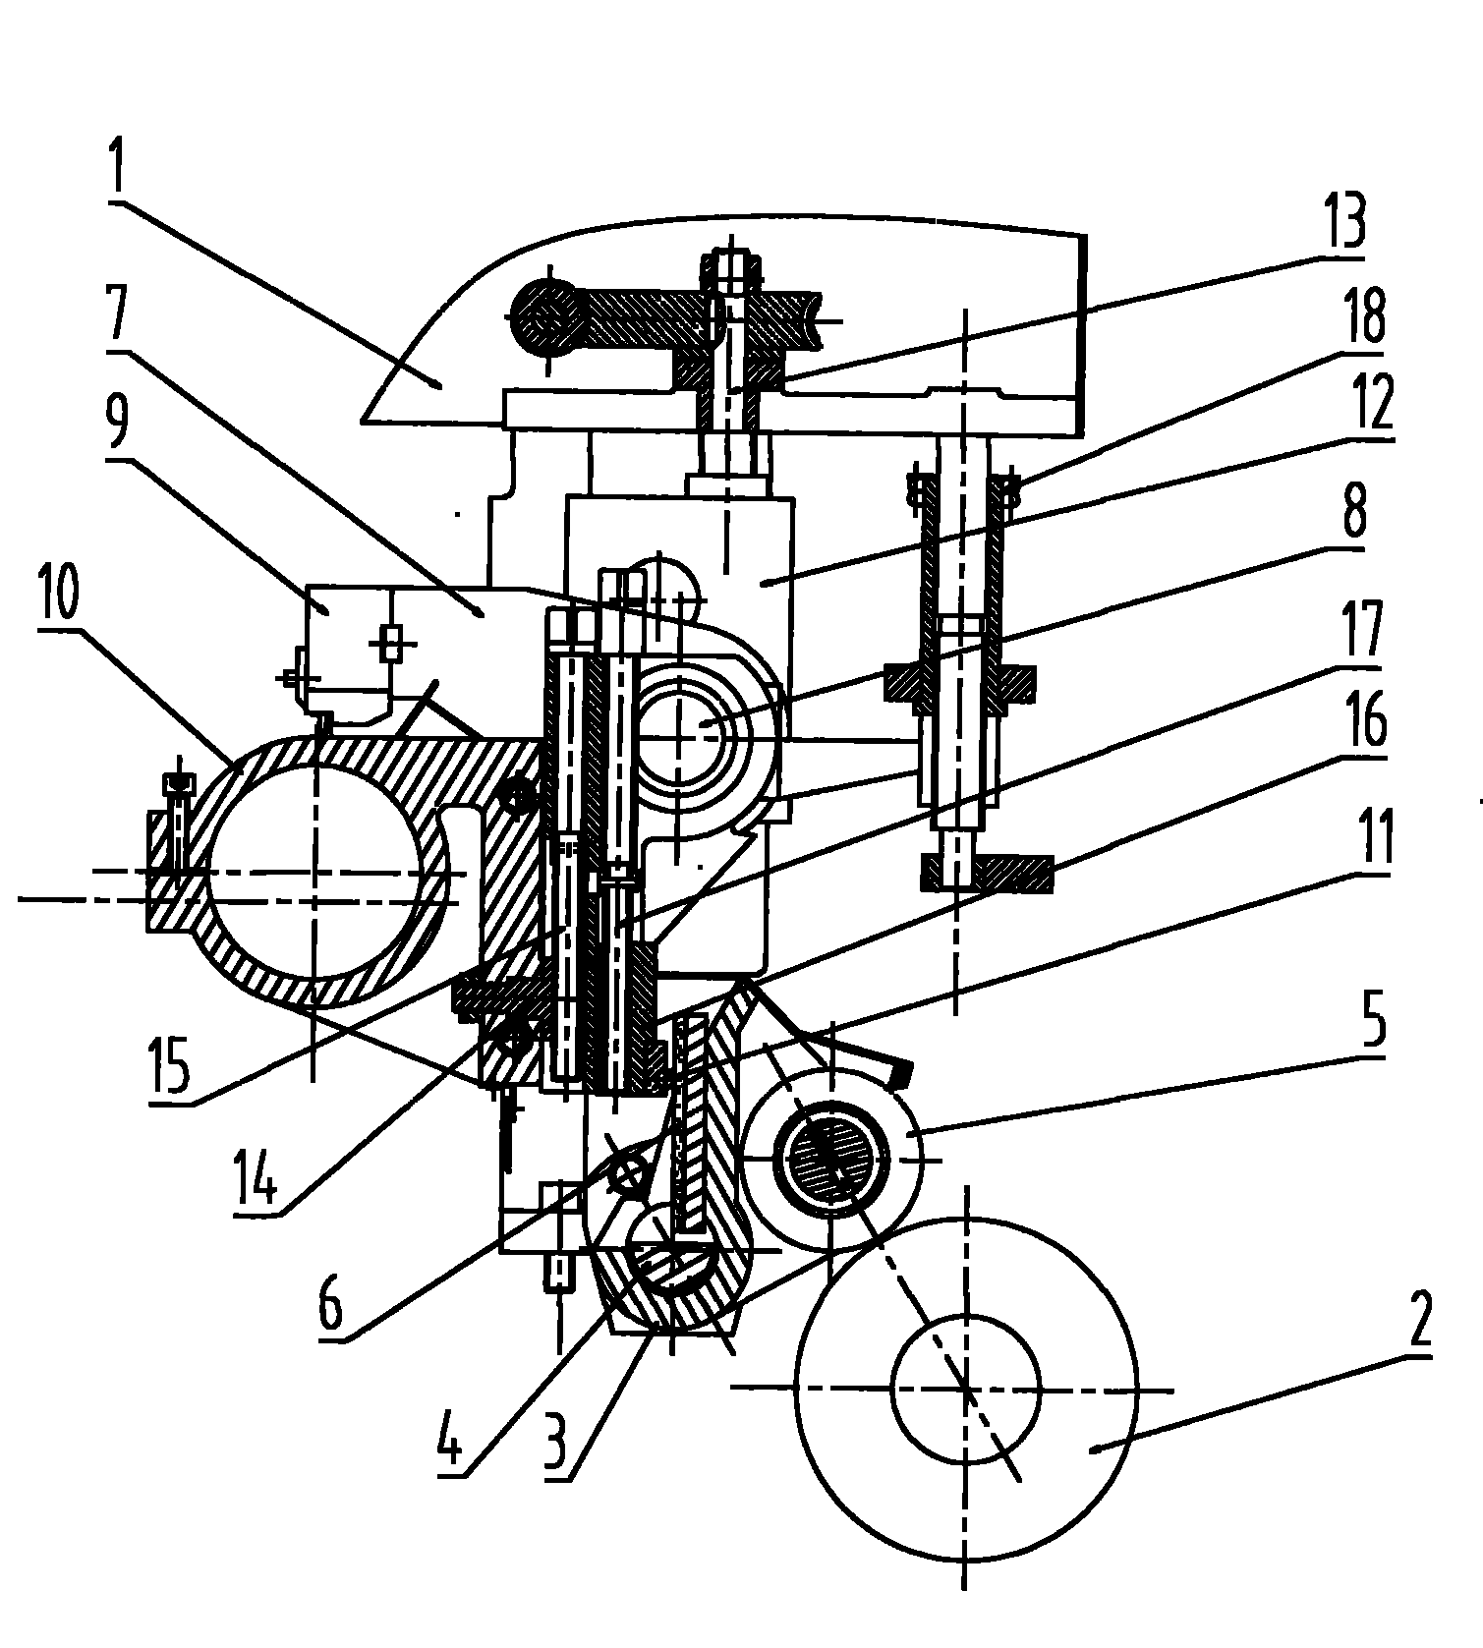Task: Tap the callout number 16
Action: (x=1366, y=723)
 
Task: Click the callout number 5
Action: (x=1373, y=1022)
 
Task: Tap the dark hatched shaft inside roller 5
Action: (x=831, y=1161)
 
